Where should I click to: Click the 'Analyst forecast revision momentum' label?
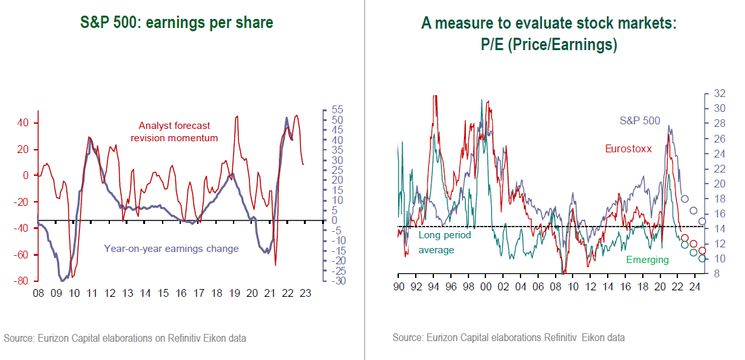pos(174,132)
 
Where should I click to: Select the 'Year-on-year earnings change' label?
pos(171,248)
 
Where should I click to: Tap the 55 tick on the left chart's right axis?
pos(338,110)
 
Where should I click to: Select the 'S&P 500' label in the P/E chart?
pos(640,120)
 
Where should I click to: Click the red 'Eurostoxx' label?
pos(628,149)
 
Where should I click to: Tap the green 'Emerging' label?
pos(647,260)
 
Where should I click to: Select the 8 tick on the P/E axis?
pos(716,273)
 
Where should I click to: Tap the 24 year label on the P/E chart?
pos(694,286)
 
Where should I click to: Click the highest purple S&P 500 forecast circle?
pos(684,199)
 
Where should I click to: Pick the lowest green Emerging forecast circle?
pos(702,258)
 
